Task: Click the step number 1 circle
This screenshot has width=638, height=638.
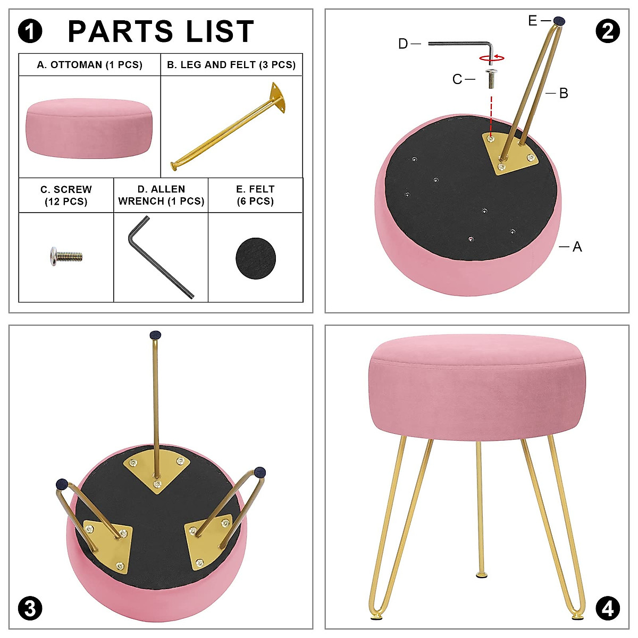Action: [30, 31]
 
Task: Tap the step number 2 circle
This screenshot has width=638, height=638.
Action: [607, 31]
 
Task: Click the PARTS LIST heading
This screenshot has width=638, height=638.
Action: [161, 32]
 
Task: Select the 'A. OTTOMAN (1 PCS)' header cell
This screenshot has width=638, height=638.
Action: [89, 65]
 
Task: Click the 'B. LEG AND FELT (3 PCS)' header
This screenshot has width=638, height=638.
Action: [231, 65]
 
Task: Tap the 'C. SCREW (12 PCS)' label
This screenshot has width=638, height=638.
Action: [66, 196]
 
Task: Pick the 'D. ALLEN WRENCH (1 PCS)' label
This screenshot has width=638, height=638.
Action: [161, 195]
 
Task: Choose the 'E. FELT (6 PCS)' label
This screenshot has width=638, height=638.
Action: [255, 195]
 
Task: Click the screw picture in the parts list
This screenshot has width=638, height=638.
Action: [66, 257]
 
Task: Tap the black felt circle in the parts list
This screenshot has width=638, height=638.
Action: [256, 258]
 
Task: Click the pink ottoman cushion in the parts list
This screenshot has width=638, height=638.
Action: [89, 128]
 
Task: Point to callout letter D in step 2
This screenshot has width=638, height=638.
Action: [403, 44]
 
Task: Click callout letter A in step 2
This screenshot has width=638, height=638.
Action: [577, 247]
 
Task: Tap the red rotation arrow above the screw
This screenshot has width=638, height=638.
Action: [492, 57]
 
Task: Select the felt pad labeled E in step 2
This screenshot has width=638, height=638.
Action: [559, 21]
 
